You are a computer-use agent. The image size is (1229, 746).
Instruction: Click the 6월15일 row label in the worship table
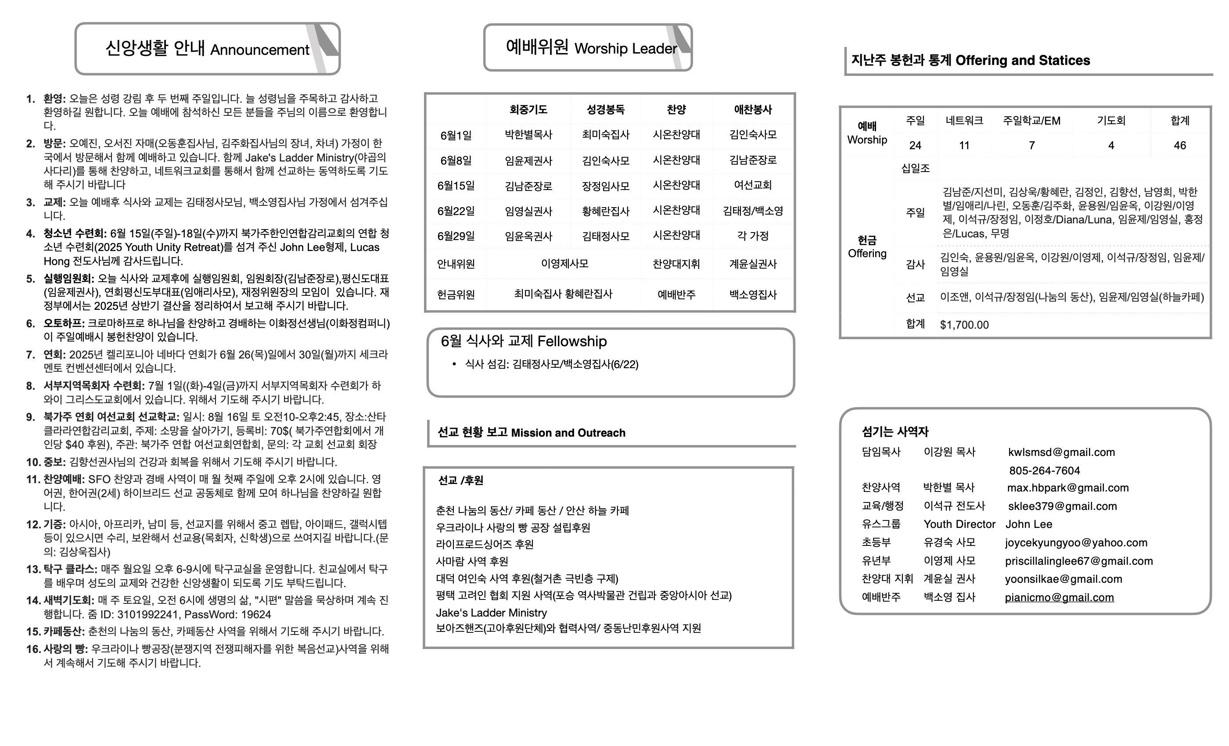[x=456, y=186]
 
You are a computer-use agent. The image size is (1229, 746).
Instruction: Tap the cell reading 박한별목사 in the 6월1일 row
[x=528, y=135]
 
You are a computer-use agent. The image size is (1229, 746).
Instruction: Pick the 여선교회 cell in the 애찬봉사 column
[x=752, y=186]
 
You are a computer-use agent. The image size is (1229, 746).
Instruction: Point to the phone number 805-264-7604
[x=1045, y=471]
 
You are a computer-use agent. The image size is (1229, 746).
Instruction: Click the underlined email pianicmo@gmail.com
[x=1059, y=597]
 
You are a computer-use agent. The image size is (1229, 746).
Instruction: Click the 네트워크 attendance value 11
[x=963, y=146]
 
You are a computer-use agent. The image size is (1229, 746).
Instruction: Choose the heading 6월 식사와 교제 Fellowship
[x=523, y=341]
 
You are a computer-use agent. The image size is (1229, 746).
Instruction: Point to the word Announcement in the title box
[x=259, y=50]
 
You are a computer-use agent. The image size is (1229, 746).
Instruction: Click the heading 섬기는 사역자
[x=895, y=432]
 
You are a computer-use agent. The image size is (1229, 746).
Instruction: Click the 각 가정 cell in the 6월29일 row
[x=752, y=237]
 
